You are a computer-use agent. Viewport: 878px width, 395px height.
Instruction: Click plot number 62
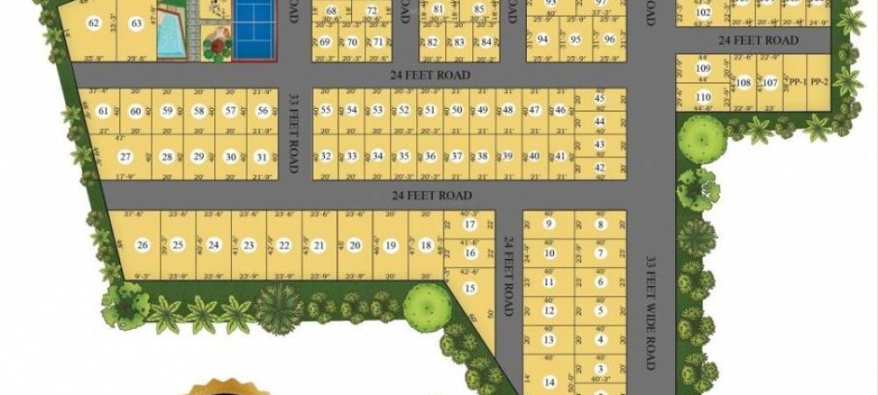pos(94,24)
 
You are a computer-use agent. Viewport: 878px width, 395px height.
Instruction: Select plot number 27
pos(126,156)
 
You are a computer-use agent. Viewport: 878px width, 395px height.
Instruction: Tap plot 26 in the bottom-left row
pos(142,245)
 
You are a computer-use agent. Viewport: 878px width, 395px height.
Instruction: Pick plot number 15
pos(470,287)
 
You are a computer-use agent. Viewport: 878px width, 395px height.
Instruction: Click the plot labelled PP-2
pos(818,83)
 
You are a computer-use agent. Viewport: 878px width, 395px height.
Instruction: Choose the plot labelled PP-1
pos(796,83)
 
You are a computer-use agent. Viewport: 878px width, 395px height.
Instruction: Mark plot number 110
pos(702,97)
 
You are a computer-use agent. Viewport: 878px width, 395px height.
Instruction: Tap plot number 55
pos(326,110)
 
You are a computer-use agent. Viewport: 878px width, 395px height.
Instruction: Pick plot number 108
pos(744,83)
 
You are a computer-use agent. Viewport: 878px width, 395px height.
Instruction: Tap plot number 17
pos(470,225)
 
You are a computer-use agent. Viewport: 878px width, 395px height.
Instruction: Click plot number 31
pos(260,156)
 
